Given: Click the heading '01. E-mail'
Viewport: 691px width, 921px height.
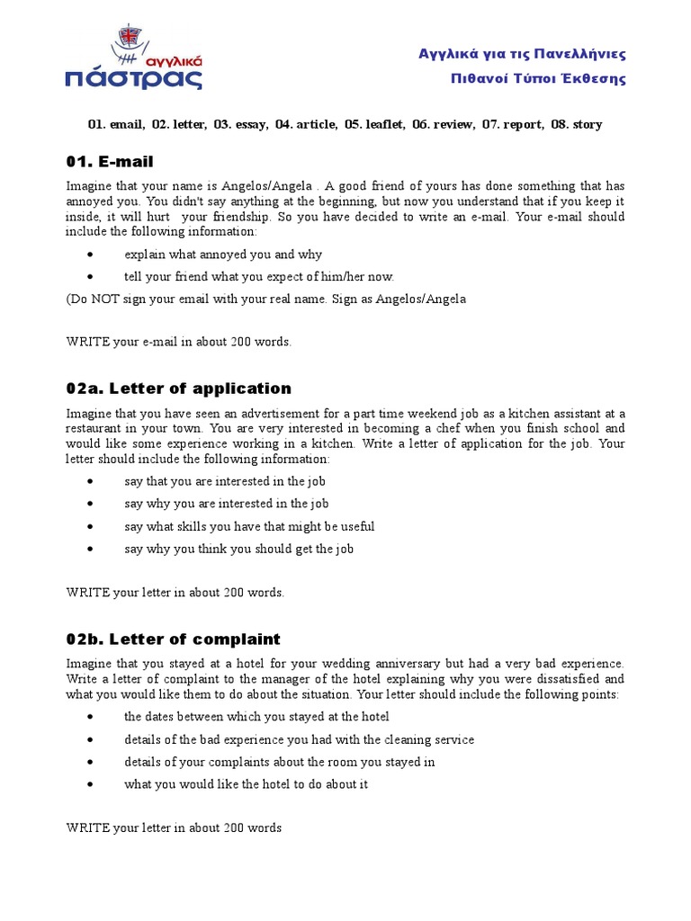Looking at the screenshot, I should [110, 162].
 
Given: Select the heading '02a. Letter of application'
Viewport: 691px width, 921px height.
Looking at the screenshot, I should [178, 389].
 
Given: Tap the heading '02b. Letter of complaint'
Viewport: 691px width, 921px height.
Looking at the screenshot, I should [173, 639].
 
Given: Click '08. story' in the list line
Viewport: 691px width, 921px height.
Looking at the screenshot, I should [577, 124].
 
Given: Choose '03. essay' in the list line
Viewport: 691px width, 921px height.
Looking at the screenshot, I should [239, 124].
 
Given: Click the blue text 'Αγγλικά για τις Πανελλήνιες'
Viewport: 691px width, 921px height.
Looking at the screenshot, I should [522, 54].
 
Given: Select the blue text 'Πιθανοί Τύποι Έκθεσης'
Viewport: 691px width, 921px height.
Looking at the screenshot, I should [538, 78].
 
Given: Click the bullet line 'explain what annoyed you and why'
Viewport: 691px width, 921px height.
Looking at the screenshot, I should [223, 255].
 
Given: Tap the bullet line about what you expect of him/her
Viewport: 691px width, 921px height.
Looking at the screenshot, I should [259, 277].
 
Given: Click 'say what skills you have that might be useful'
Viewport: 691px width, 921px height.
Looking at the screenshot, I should [249, 526].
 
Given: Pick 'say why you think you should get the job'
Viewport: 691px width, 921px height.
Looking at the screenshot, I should [238, 549].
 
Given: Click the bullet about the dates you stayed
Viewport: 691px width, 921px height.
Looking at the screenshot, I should [256, 717].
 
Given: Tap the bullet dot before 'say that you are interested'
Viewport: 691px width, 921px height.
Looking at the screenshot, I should [91, 481].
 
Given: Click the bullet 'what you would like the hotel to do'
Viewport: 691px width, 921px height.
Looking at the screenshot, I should [246, 784].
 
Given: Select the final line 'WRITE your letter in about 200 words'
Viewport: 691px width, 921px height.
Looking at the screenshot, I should [174, 827].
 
